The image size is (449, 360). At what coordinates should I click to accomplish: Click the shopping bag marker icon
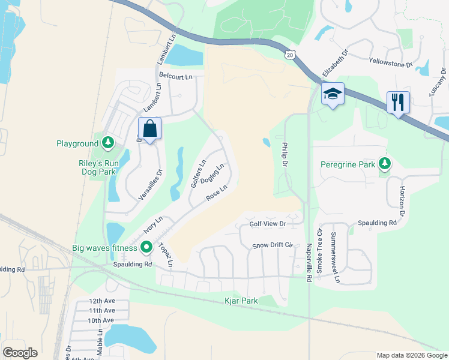(x=149, y=128)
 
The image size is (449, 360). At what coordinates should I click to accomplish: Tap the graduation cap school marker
(x=333, y=94)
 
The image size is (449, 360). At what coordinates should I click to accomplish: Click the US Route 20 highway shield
(x=290, y=55)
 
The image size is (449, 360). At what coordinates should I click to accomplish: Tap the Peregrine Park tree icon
(x=385, y=164)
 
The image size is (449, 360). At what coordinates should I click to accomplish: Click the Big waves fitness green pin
(x=146, y=247)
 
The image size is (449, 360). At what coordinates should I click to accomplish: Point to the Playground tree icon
(x=107, y=143)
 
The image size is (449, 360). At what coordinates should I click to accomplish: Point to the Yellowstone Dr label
(x=391, y=62)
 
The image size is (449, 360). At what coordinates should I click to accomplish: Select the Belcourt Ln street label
(x=176, y=76)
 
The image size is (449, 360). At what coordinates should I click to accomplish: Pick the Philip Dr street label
(x=285, y=155)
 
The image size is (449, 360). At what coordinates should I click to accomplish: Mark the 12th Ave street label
(x=101, y=301)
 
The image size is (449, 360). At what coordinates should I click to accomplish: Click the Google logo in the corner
(x=20, y=352)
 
